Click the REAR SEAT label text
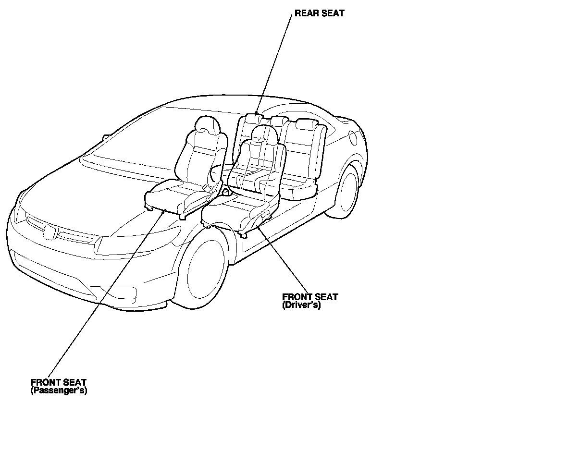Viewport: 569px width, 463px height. tap(319, 13)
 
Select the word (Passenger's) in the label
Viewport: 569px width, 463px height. tap(59, 390)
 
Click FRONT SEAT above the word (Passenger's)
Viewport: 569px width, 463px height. tap(59, 383)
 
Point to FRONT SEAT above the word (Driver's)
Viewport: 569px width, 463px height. tap(309, 297)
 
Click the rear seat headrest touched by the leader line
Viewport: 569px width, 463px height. tap(253, 119)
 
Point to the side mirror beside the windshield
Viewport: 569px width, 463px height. tap(104, 139)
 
